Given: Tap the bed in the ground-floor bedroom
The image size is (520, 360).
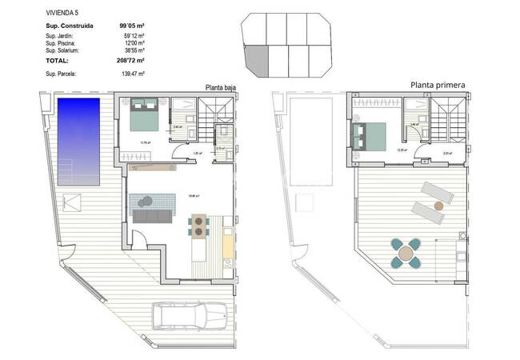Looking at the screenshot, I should click(143, 117).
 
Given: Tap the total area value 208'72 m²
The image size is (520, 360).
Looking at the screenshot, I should click(128, 61).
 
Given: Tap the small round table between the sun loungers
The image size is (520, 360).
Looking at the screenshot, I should click(438, 206).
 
